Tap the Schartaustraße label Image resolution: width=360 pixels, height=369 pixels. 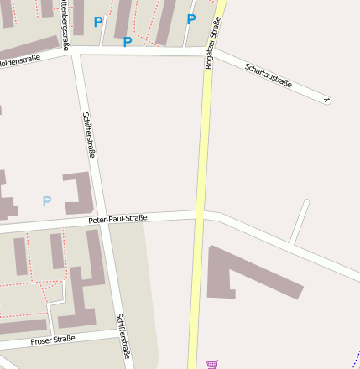pyautogui.click(x=269, y=74)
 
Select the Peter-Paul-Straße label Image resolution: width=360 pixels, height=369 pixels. pyautogui.click(x=117, y=218)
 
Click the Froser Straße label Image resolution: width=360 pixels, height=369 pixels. pyautogui.click(x=53, y=340)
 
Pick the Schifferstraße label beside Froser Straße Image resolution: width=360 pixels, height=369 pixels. pyautogui.click(x=123, y=336)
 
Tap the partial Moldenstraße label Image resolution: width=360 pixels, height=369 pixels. pyautogui.click(x=18, y=61)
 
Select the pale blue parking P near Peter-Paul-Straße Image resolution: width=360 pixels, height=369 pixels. pyautogui.click(x=47, y=201)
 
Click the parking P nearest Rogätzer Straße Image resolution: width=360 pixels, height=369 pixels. pyautogui.click(x=190, y=19)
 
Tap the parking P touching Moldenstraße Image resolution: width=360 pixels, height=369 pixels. pyautogui.click(x=128, y=41)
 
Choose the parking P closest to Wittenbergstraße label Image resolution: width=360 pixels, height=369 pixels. pyautogui.click(x=98, y=22)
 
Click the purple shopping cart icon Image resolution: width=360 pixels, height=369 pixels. pyautogui.click(x=212, y=364)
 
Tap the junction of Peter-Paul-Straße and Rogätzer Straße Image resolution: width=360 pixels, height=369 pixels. pyautogui.click(x=201, y=215)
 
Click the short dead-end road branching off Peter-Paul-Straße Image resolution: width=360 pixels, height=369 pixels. pyautogui.click(x=300, y=221)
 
